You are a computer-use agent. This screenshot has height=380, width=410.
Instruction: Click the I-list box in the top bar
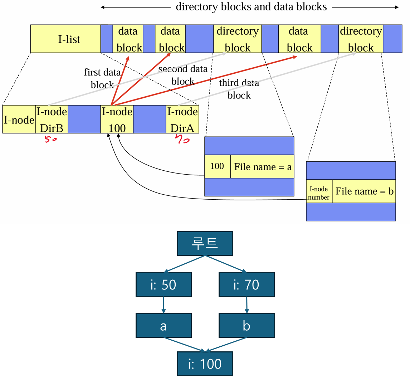65,39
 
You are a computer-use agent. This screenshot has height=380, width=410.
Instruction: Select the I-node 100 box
117,119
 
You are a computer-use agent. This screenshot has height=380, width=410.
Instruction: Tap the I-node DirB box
52,119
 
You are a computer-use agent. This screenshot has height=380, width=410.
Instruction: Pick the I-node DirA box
182,119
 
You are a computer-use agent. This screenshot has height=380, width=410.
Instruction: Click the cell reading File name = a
262,166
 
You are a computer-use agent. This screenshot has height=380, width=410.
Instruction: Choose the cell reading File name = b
364,191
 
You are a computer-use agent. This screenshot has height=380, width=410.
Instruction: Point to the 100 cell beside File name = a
217,166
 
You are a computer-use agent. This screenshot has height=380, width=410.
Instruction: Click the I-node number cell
319,193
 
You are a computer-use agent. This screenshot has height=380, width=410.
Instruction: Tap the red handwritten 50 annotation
51,140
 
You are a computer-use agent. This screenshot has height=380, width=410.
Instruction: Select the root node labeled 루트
205,243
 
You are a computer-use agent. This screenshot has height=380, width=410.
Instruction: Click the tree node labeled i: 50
163,284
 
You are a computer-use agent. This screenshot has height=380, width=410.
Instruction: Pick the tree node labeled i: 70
247,284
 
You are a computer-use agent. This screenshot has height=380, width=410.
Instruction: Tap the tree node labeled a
163,326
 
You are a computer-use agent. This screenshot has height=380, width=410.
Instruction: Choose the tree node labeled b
247,326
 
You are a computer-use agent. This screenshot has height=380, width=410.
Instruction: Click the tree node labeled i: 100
205,364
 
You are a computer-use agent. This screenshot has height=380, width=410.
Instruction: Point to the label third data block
239,89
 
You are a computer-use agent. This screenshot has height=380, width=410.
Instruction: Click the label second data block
183,75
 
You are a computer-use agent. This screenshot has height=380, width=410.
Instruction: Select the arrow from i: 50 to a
163,305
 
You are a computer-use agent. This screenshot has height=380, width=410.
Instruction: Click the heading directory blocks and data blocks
251,6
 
